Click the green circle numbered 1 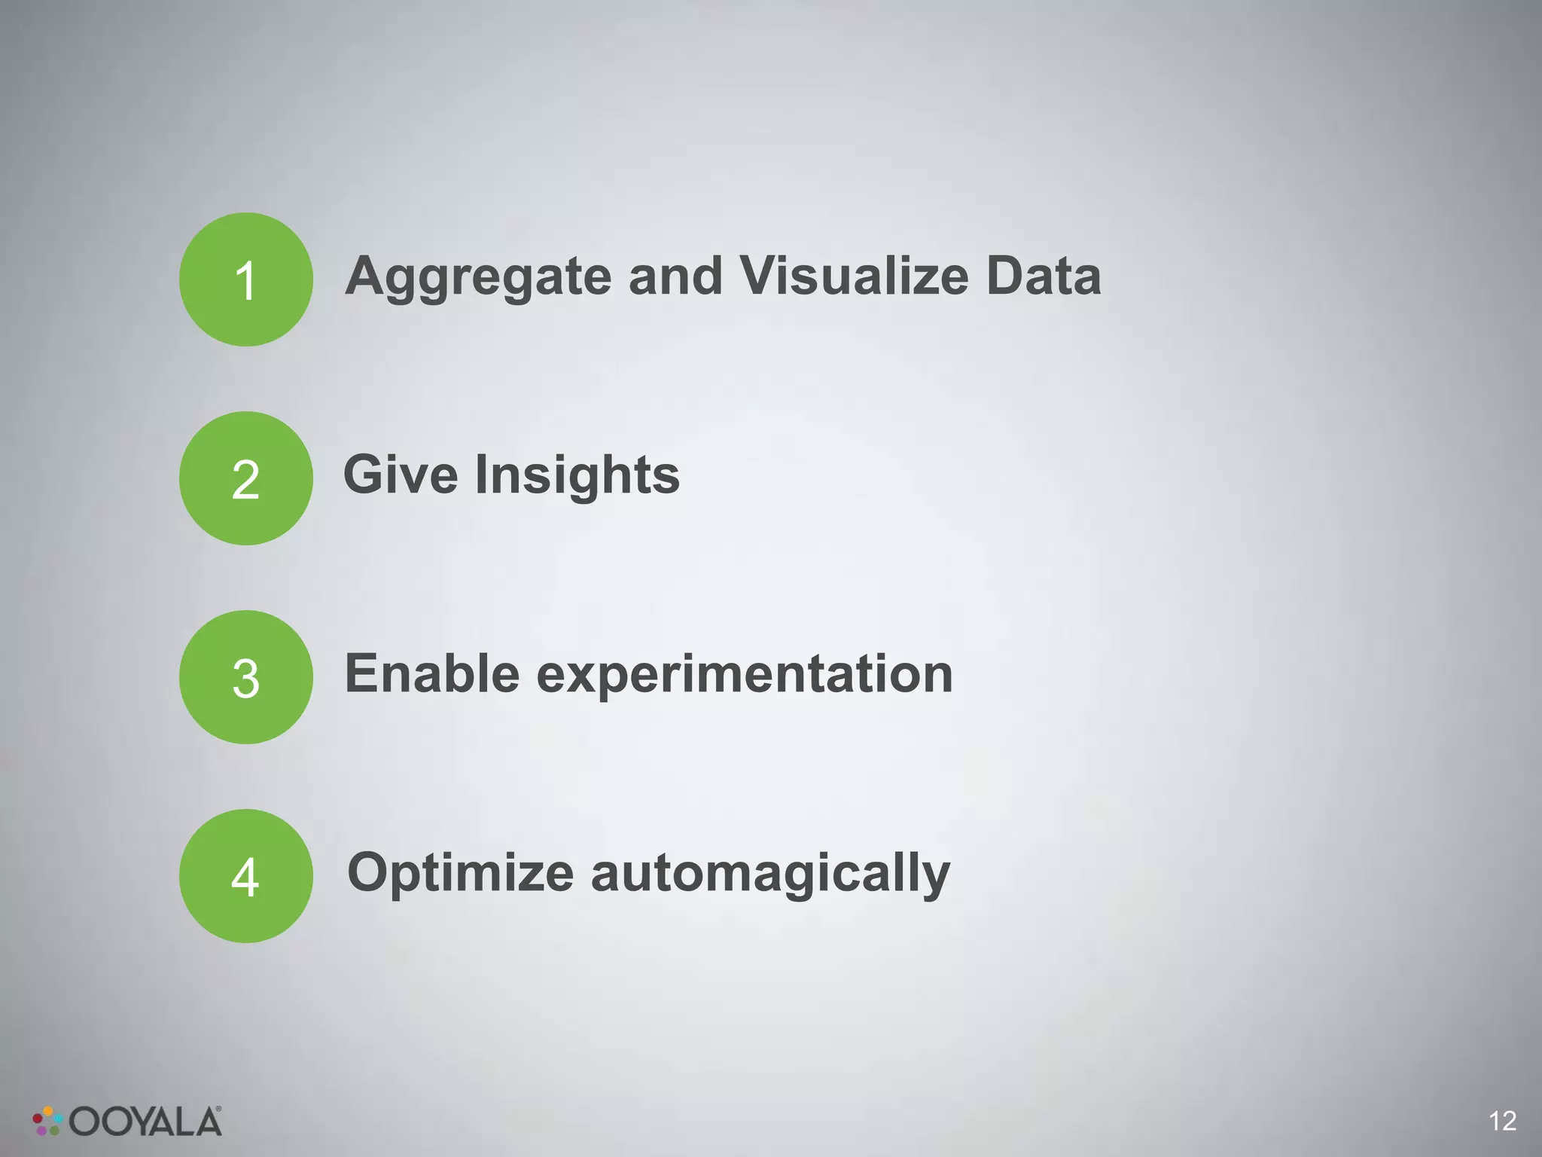(x=245, y=279)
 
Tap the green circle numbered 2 (x=245, y=478)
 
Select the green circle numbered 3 (x=245, y=677)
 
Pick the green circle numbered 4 (x=245, y=876)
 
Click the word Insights (x=577, y=476)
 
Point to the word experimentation (x=745, y=675)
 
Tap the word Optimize (x=461, y=874)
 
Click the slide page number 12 (x=1502, y=1121)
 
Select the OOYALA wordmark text (x=145, y=1122)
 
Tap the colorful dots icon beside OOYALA (x=47, y=1121)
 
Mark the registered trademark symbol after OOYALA (x=218, y=1110)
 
